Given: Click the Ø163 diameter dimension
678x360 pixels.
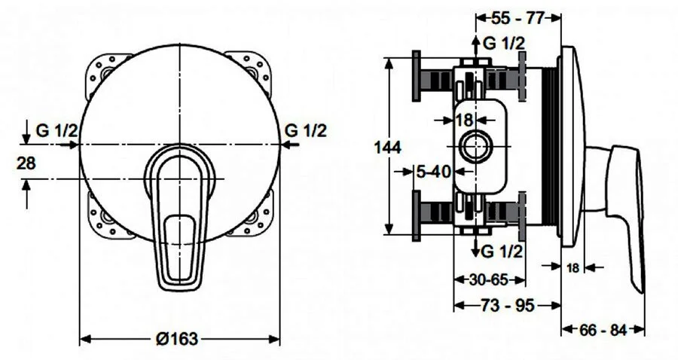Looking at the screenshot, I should pos(177,339).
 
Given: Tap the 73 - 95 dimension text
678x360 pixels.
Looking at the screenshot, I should pos(506,306).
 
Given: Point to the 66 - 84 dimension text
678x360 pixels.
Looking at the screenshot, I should pos(603,329).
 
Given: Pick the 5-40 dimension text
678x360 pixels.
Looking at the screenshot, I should pos(433,172).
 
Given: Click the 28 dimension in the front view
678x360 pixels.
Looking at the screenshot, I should pos(26,163).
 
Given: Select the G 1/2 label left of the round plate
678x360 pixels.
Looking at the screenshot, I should pos(57,130).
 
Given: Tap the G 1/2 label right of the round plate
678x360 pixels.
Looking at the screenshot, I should pos(306,130).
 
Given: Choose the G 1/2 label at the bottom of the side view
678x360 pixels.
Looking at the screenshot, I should pos(502,250).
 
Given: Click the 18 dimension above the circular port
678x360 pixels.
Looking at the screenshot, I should pos(465,119).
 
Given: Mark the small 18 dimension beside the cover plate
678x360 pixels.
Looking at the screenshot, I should pos(573,267).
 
